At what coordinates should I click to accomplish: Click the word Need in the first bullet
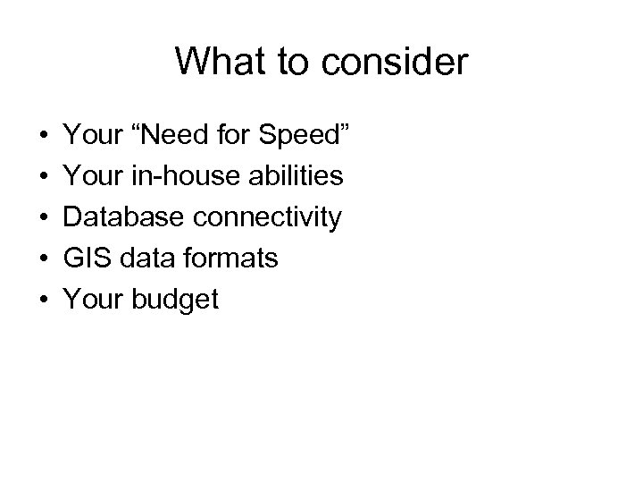pyautogui.click(x=181, y=135)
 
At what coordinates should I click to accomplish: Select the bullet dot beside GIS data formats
pyautogui.click(x=43, y=259)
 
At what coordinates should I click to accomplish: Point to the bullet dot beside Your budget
pyautogui.click(x=43, y=301)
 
